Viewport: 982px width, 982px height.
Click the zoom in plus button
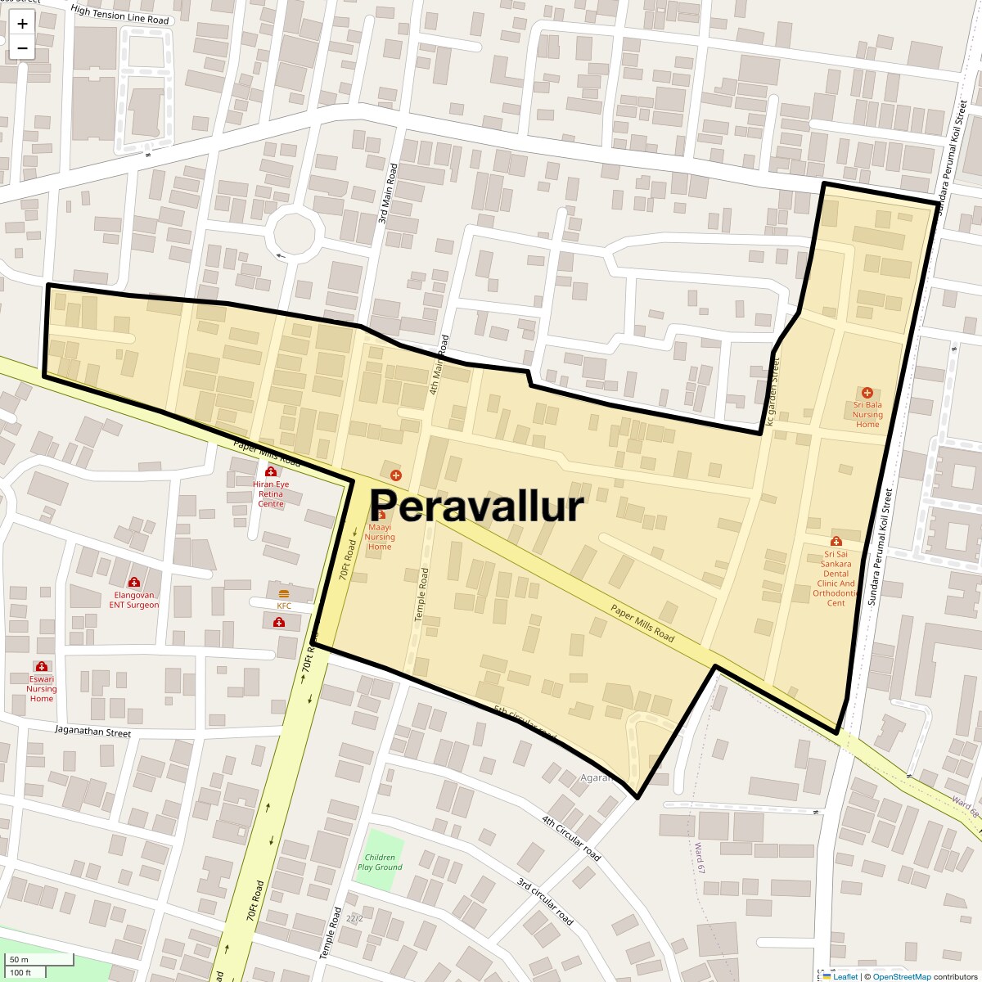tap(22, 25)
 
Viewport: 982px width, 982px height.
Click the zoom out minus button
tap(22, 48)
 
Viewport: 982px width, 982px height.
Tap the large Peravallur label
tap(477, 506)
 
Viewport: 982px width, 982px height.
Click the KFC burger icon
tap(284, 593)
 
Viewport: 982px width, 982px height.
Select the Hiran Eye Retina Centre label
tap(271, 494)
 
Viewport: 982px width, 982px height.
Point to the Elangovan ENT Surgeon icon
tap(134, 583)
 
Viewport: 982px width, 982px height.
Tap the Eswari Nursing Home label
tap(42, 688)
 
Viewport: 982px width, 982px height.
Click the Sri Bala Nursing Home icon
tap(867, 394)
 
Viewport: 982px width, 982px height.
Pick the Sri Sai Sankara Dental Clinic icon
tap(836, 541)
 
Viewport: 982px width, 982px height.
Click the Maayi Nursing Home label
tap(380, 537)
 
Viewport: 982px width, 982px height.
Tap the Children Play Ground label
tap(380, 862)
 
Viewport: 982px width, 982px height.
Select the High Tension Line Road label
tap(119, 15)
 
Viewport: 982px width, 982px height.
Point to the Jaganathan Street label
tap(93, 732)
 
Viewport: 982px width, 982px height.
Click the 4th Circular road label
tap(571, 838)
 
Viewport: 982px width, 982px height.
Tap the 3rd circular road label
tap(544, 901)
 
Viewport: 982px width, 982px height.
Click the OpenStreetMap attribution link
tap(901, 976)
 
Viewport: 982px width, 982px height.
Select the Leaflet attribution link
tap(845, 976)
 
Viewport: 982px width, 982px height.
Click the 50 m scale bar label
tap(19, 959)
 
